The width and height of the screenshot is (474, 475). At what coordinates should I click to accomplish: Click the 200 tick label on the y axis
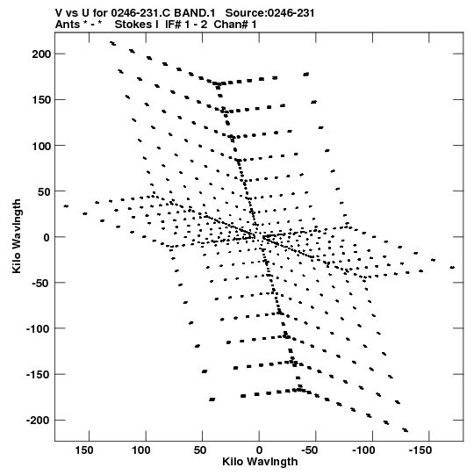pos(41,54)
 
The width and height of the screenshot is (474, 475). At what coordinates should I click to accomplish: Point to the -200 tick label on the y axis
pos(38,421)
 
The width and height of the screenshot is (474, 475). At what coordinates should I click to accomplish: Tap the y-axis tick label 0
pos(47,237)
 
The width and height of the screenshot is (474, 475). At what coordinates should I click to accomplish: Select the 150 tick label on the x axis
pos(84,450)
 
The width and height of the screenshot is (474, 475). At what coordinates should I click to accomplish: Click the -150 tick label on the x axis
pos(420,450)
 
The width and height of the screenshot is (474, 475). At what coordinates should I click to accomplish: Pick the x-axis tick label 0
pos(259,450)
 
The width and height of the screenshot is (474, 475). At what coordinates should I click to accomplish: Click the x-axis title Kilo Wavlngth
pos(260,462)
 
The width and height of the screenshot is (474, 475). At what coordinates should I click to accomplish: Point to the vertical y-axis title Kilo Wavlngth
pos(17,236)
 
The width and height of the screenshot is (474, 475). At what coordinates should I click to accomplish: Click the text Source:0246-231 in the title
pos(269,13)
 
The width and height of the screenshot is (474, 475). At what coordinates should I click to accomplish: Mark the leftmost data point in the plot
pos(66,206)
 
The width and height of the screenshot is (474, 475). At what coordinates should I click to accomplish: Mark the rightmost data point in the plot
pos(452,268)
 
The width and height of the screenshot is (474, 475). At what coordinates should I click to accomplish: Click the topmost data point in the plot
pos(112,44)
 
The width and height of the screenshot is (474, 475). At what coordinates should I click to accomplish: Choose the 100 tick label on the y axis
pos(41,146)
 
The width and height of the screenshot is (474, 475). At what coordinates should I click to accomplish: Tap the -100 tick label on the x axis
pos(363,450)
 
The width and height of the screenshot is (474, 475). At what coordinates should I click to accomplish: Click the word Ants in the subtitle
pos(68,25)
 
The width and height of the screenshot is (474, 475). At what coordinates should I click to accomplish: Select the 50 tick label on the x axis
pos(200,450)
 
